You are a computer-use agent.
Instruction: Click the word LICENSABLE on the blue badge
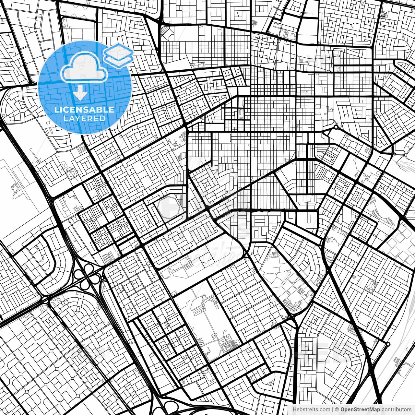click(x=84, y=109)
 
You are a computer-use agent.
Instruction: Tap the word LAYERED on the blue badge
click(x=84, y=118)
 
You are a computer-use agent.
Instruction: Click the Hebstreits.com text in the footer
click(x=309, y=409)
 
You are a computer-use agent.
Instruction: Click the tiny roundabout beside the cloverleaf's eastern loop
click(x=103, y=277)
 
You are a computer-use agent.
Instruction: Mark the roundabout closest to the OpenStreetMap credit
click(x=388, y=344)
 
